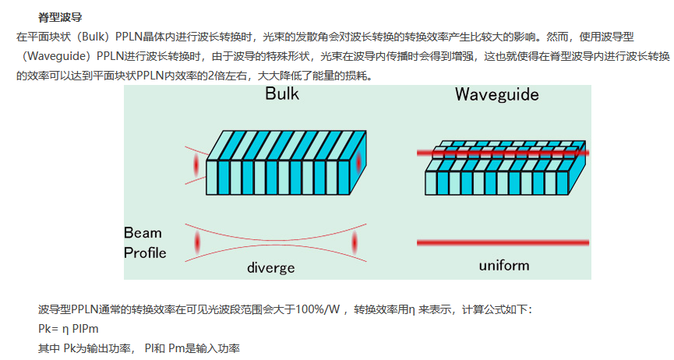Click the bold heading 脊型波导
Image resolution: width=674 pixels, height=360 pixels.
(60, 16)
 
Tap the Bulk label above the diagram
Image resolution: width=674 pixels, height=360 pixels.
(281, 95)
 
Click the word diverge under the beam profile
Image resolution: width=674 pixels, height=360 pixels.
(270, 267)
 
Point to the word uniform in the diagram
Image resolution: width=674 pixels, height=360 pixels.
(503, 265)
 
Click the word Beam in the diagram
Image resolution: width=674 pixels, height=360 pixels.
(143, 232)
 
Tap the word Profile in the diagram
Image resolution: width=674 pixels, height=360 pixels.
(145, 252)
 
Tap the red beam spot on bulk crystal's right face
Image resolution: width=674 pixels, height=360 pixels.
(358, 163)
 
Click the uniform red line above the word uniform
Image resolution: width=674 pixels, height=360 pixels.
(502, 243)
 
